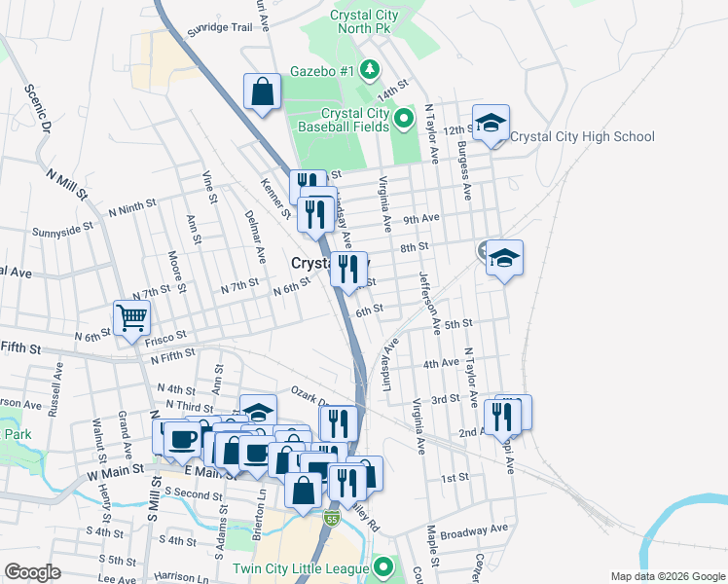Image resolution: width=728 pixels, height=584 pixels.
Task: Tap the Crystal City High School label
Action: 582,137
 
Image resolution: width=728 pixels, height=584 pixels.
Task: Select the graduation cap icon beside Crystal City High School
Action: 491,123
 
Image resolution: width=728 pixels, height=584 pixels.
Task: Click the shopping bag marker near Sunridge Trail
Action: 263,92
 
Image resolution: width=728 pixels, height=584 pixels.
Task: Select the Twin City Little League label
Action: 301,568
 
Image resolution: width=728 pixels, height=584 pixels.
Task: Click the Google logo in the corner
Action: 32,572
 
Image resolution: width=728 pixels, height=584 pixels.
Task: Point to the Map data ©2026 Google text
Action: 666,576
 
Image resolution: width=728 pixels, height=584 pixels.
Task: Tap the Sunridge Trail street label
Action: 220,27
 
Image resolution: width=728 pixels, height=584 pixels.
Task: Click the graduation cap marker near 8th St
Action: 504,258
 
